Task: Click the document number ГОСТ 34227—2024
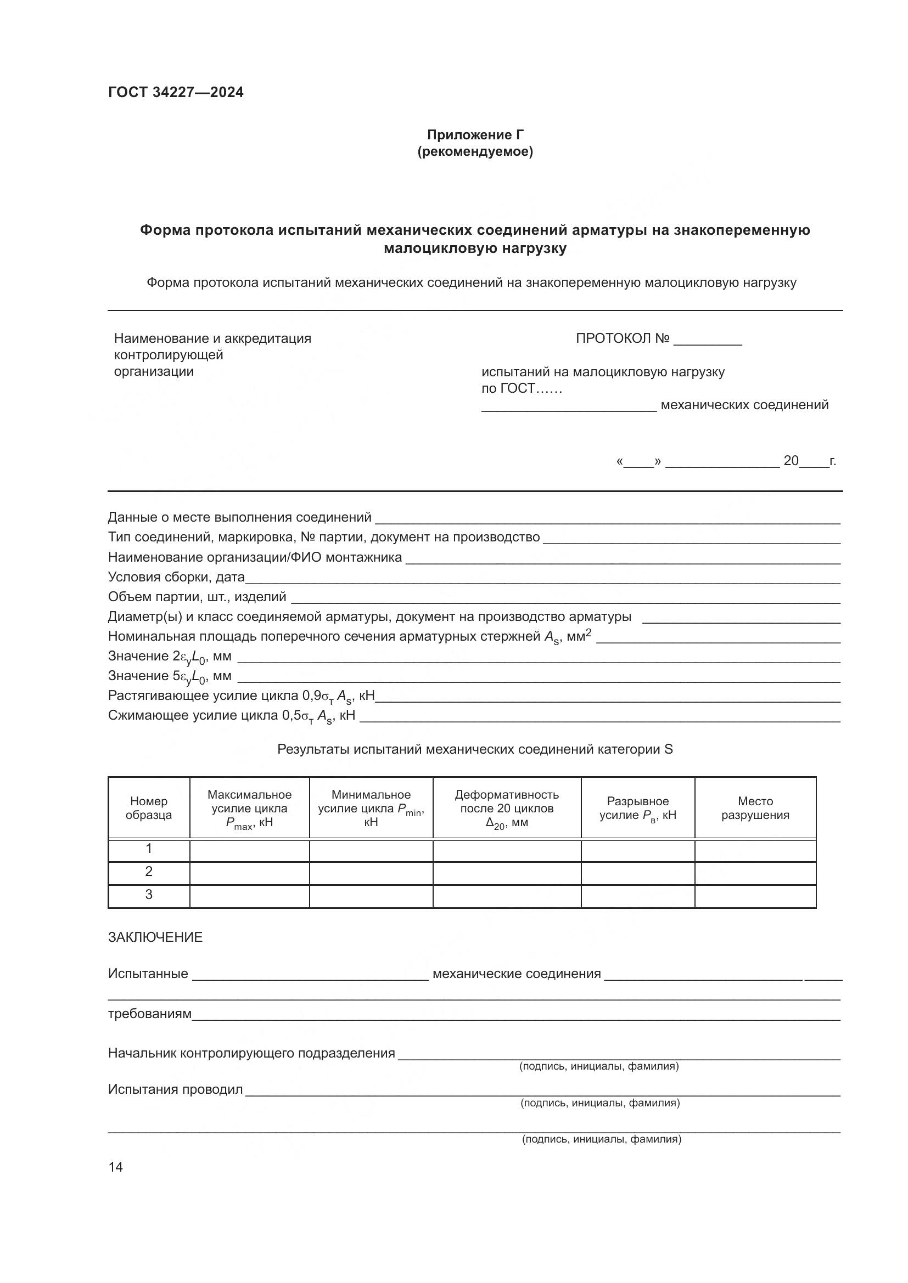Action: [176, 93]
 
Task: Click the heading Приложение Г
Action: [475, 135]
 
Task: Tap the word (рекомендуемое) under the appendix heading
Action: [475, 151]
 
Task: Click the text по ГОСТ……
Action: [521, 388]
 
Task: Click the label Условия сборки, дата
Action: [176, 576]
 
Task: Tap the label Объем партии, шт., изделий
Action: [197, 597]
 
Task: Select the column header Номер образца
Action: [149, 808]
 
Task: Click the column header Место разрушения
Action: [755, 808]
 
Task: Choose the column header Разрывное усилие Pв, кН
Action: [637, 808]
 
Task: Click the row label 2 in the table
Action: [149, 872]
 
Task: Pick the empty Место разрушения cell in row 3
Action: [755, 895]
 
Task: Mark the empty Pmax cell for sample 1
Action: [249, 849]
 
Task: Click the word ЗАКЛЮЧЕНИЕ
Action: [155, 937]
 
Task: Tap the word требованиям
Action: [149, 1014]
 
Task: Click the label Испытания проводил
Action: [175, 1089]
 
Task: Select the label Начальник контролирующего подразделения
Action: [251, 1053]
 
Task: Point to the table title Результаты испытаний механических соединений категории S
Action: [475, 749]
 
